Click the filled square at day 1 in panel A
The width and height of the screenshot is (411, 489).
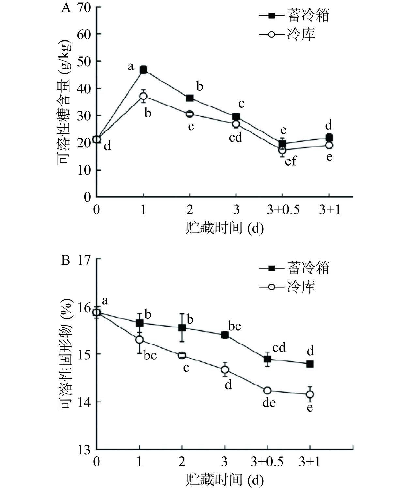pos(144,69)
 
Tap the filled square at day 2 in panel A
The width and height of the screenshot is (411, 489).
pos(190,98)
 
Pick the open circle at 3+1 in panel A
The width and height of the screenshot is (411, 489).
pos(329,145)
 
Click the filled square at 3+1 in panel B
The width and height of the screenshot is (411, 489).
pos(310,364)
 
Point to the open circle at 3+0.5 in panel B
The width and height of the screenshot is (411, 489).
pos(267,390)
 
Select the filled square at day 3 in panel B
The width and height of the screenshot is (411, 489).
pos(225,335)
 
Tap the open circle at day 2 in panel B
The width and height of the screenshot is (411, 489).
pos(182,355)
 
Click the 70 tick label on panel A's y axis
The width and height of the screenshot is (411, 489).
pos(84,8)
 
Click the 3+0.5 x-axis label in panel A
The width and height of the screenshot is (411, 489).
pos(283,210)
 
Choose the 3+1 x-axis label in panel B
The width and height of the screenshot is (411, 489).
pos(310,462)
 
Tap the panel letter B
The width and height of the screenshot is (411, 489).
pos(66,261)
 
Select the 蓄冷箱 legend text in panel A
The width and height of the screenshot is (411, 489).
pos(308,15)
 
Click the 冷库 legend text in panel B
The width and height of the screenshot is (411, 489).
pos(301,287)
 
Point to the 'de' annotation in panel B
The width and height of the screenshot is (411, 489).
pos(269,403)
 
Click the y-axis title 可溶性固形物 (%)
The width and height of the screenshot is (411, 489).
pos(66,354)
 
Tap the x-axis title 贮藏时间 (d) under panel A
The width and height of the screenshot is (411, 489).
pos(224,228)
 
